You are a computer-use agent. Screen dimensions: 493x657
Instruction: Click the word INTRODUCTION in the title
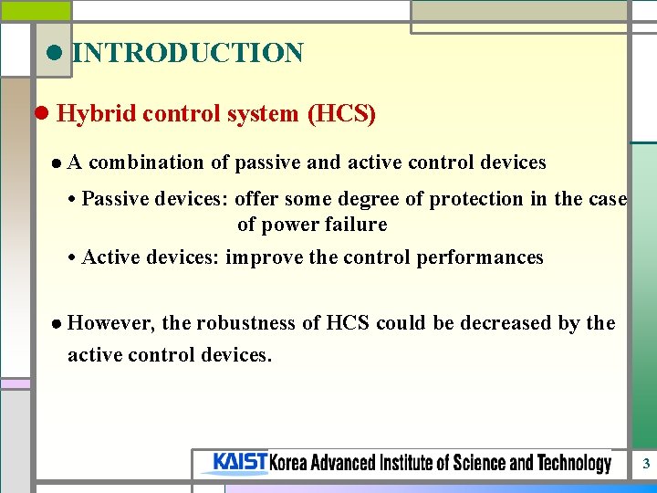coord(187,53)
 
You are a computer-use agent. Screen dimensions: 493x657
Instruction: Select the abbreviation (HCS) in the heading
coord(341,114)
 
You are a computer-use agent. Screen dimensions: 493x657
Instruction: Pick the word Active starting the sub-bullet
coord(109,257)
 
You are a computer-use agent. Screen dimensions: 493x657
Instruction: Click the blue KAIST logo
coord(239,463)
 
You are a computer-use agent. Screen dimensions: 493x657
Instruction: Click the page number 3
coord(645,464)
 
